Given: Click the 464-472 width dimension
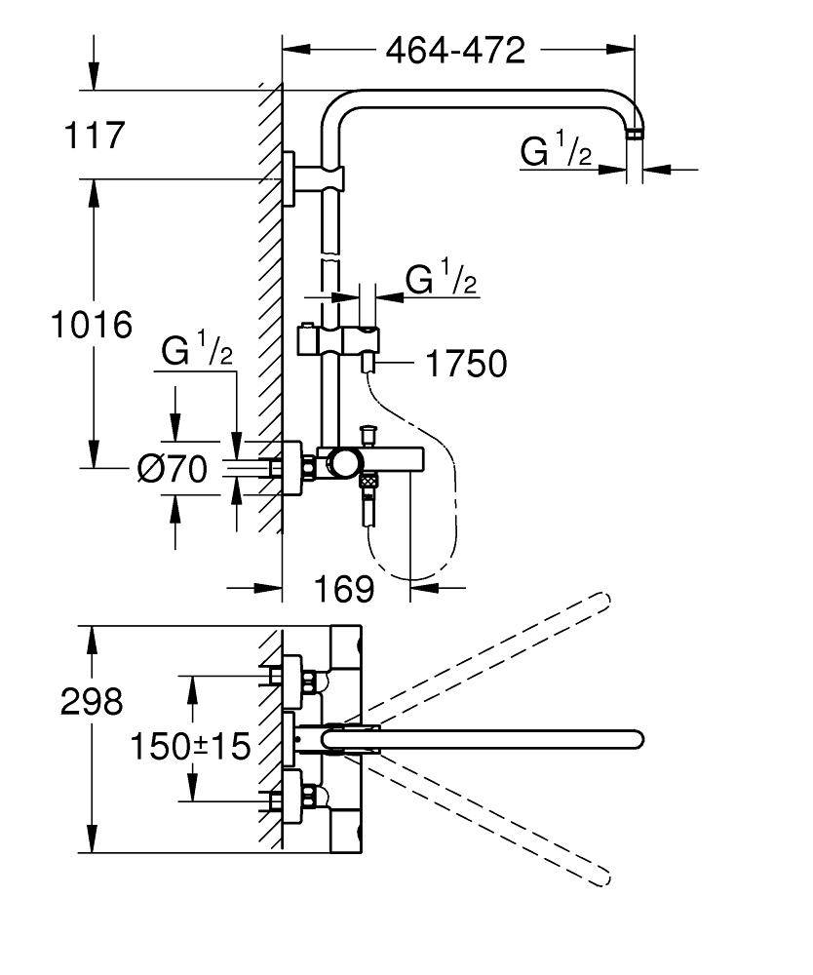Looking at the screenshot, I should click(x=455, y=50).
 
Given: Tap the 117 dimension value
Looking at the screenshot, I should click(x=96, y=136).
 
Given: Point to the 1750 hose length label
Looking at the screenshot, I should click(x=466, y=365).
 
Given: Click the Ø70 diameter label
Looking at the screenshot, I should click(x=172, y=470).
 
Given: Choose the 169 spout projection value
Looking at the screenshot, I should click(x=344, y=588).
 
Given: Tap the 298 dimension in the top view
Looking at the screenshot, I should click(x=92, y=701).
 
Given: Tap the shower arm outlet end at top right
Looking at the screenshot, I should click(x=636, y=134).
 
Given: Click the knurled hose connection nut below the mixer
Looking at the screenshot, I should click(x=368, y=480).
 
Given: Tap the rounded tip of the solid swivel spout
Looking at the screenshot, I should click(x=634, y=739).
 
